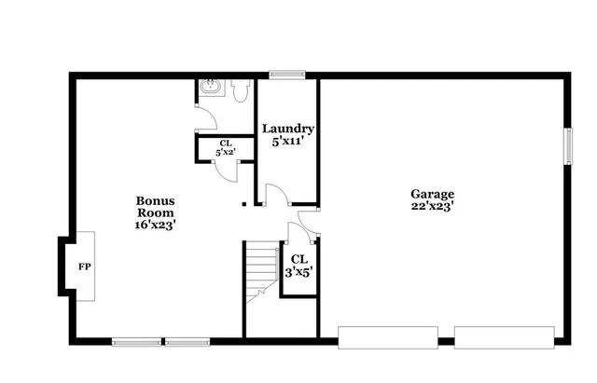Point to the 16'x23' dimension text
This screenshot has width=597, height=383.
tap(155, 225)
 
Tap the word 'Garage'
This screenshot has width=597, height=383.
tap(432, 195)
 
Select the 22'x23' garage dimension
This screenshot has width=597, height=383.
tap(432, 208)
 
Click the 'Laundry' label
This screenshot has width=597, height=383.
tap(287, 129)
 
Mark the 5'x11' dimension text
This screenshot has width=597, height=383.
tap(287, 142)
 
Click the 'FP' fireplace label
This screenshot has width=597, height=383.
tap(84, 267)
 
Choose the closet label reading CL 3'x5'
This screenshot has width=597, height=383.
tap(298, 265)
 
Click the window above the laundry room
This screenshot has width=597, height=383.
tap(287, 74)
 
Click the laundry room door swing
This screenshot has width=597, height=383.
tap(276, 195)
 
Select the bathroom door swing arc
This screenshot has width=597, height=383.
tap(204, 120)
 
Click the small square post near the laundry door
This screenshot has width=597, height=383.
tap(244, 203)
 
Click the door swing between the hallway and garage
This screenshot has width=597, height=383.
tap(306, 224)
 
